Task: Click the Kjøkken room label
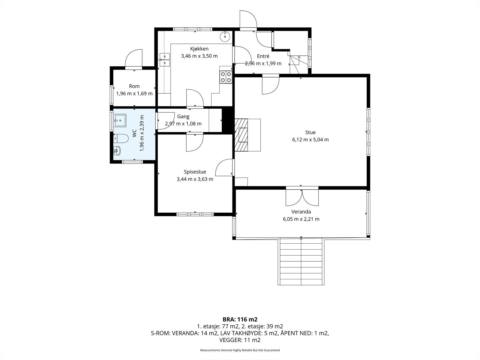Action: pos(199,49)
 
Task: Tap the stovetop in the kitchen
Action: pos(226,77)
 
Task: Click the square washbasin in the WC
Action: pos(120,120)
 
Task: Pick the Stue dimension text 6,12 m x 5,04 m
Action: pos(310,140)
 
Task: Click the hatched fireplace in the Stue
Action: pos(241,135)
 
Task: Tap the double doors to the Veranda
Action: pos(302,196)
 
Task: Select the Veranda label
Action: pos(301,211)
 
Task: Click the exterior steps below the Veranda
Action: pos(301,261)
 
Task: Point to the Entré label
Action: pos(263,56)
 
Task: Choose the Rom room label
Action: pos(134,86)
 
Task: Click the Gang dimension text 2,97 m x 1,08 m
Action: pos(183,124)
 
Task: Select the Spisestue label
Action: pos(195,172)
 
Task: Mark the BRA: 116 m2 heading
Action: pos(240,319)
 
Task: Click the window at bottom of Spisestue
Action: pos(195,214)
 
